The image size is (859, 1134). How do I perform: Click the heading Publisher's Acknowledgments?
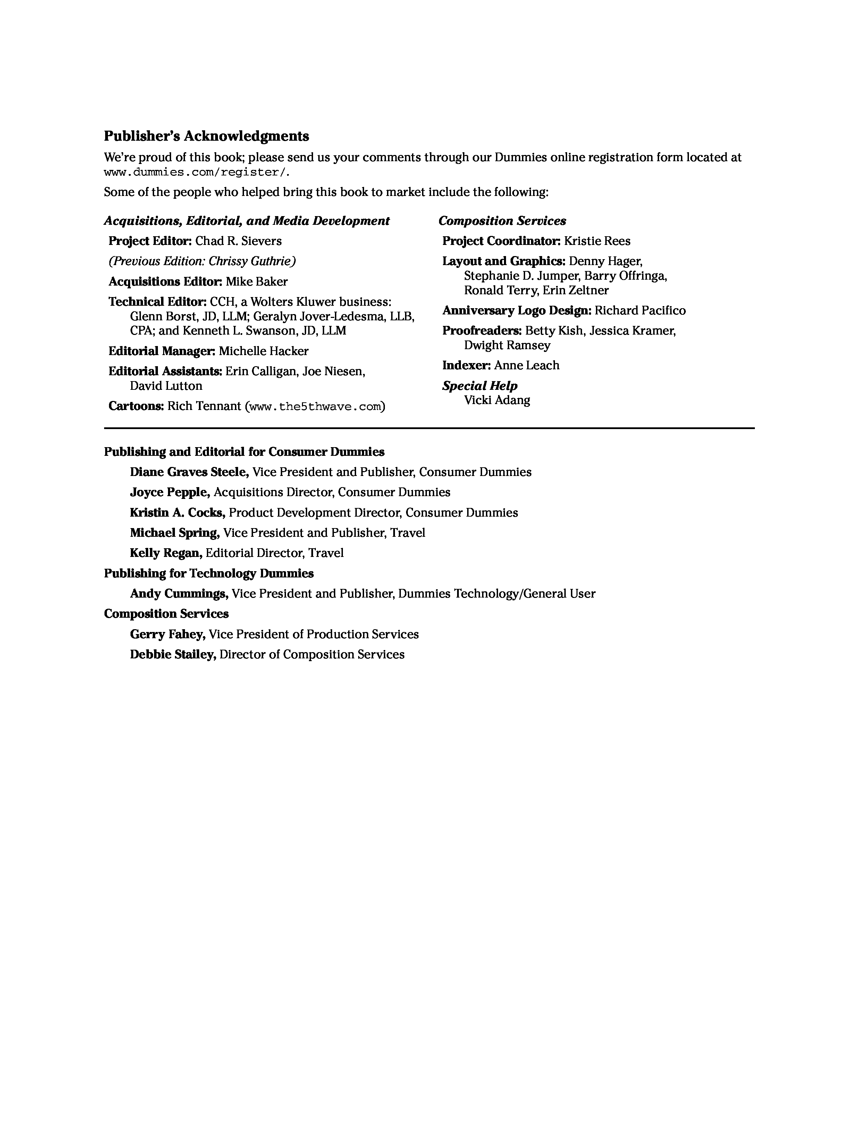click(x=207, y=137)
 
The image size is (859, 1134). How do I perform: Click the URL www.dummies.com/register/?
click(x=197, y=172)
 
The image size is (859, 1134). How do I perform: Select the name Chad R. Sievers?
click(x=239, y=241)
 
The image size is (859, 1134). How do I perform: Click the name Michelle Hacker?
click(x=263, y=351)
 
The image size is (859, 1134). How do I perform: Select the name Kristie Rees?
click(x=597, y=241)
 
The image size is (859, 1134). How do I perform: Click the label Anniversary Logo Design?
click(x=516, y=311)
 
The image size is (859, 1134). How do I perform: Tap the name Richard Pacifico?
click(x=640, y=311)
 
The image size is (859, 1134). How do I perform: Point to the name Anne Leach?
click(x=527, y=365)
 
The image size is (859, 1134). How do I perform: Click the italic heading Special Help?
click(x=480, y=386)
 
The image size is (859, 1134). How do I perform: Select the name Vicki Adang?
click(x=497, y=400)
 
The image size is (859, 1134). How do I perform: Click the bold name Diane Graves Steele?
click(x=189, y=472)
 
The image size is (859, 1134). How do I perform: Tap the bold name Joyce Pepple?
click(x=170, y=493)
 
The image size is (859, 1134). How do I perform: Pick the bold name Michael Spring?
click(x=175, y=533)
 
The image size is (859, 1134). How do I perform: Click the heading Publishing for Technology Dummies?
click(x=209, y=574)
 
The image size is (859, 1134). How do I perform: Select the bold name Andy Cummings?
click(x=178, y=594)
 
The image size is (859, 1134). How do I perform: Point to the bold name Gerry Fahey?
click(x=168, y=635)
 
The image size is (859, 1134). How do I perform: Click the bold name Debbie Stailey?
click(x=172, y=655)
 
